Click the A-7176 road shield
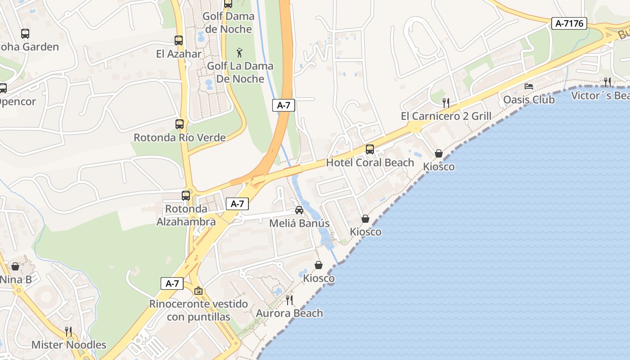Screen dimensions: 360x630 pos(569,23)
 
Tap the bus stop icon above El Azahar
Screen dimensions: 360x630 pos(179,40)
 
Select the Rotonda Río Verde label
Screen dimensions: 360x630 pos(180,137)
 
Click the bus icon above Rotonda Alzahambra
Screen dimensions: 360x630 pos(186,196)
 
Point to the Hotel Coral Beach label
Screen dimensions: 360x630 pos(370,162)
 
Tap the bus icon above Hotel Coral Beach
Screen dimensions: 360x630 pos(370,149)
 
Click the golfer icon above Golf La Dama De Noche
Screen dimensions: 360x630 pos(239,53)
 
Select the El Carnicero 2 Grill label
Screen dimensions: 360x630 pos(446,116)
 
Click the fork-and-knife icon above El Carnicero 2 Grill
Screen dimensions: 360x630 pos(446,103)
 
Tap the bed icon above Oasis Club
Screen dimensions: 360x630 pos(529,86)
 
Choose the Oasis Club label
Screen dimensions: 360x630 pos(529,99)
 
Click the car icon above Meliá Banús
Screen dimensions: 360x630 pos(299,210)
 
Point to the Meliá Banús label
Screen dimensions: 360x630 pos(299,223)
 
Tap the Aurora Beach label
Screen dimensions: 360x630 pos(289,313)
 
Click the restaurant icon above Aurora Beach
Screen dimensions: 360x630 pos(289,300)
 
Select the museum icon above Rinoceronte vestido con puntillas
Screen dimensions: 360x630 pos(198,291)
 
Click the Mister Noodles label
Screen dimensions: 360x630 pos(69,345)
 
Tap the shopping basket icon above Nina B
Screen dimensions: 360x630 pos(15,266)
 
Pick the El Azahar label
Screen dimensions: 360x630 pos(179,54)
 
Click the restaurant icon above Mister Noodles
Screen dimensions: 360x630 pos(68,332)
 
